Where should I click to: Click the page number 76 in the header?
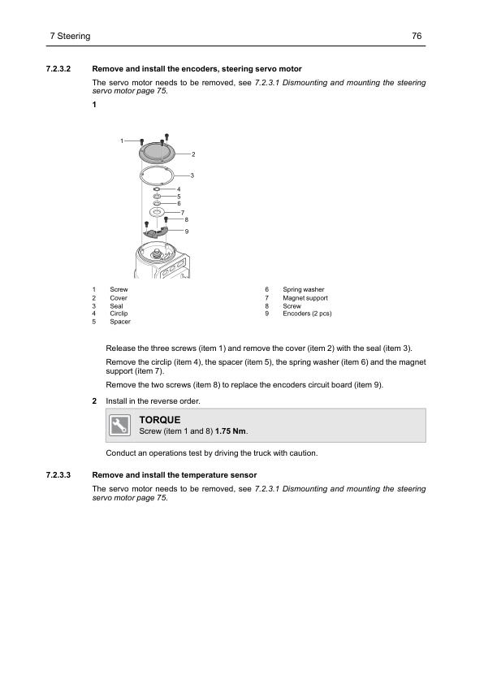point(417,36)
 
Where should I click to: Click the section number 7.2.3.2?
point(58,69)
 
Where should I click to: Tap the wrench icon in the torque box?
point(119,426)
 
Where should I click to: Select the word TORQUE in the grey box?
point(160,420)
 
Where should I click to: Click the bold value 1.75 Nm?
point(231,431)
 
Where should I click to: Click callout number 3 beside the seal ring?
point(192,175)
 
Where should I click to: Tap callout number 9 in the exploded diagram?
point(187,232)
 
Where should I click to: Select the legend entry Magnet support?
point(305,298)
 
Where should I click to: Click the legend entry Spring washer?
point(304,290)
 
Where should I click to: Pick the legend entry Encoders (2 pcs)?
point(307,314)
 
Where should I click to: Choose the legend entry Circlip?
point(119,314)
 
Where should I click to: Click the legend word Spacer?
point(120,322)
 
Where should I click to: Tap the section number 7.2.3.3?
point(58,475)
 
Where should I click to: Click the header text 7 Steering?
point(70,36)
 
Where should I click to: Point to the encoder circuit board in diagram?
point(156,232)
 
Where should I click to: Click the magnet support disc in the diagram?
point(157,212)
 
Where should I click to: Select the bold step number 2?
point(94,400)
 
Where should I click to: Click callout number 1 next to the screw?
point(122,141)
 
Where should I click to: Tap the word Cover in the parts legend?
point(119,298)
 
